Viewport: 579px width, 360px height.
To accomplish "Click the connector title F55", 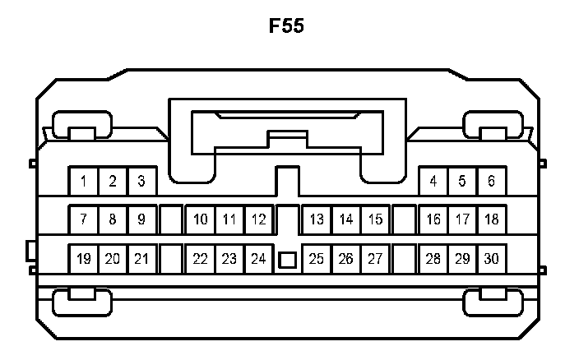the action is [x=287, y=26].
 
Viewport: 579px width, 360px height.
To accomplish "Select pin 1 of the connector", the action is [x=83, y=180].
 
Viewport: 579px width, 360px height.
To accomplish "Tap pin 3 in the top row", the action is [x=141, y=180].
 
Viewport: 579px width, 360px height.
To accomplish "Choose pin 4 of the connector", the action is [x=433, y=180].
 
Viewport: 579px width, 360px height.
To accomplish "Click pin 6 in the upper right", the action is [x=491, y=180].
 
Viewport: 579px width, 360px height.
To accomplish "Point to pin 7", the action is [x=83, y=219].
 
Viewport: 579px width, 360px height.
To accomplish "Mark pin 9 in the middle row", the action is [x=141, y=219].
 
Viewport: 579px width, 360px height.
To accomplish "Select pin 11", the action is [x=229, y=219].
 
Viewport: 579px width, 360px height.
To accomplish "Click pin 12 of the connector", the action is [x=258, y=219].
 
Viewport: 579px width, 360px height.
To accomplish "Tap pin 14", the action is [x=346, y=219].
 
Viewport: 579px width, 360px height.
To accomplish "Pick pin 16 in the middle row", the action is [x=433, y=219].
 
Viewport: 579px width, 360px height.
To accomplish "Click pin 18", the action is [x=491, y=219].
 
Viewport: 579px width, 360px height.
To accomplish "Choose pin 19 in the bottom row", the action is [x=83, y=259].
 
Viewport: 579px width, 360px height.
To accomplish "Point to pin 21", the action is [x=141, y=259].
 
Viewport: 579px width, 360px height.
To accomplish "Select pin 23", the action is [x=229, y=259].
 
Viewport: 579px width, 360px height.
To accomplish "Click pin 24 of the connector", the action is [x=258, y=259].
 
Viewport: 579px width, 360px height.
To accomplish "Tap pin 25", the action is [x=317, y=259].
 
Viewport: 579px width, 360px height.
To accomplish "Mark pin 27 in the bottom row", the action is [x=375, y=259].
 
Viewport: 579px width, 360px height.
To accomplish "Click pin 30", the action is [x=491, y=259].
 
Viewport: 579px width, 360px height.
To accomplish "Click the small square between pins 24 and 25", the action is [x=287, y=260].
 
